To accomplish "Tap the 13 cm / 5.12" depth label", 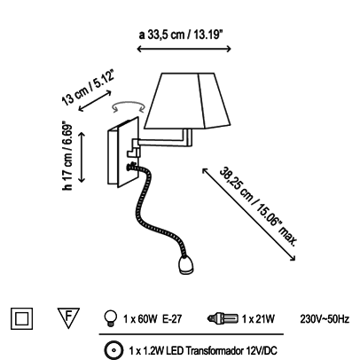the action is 88,88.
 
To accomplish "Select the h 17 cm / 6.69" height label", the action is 67,155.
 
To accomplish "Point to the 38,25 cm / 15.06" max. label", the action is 258,206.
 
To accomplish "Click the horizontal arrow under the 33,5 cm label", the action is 184,49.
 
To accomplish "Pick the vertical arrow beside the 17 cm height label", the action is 82,158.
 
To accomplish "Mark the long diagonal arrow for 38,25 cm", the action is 248,215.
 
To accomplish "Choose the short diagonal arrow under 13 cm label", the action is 95,101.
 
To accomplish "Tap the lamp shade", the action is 187,101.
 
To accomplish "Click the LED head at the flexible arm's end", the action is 186,264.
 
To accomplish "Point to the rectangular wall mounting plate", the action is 123,153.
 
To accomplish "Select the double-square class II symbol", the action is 21,318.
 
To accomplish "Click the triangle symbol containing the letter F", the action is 68,317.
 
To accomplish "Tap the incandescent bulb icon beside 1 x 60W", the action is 111,318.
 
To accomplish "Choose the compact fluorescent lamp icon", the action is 223,318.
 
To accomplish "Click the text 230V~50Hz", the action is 325,319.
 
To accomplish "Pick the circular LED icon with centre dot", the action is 114,350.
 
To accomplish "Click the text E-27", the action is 172,319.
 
